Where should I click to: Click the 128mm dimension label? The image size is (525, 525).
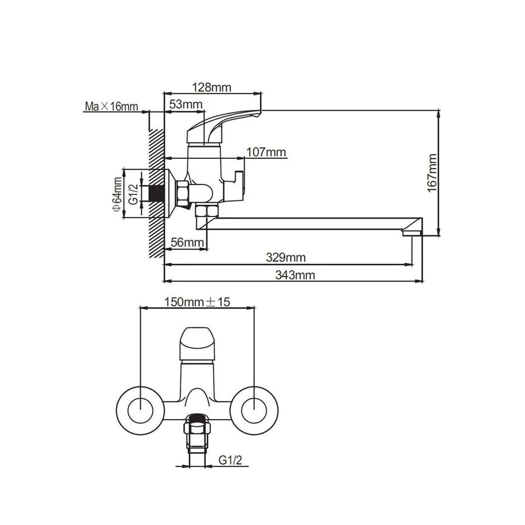click(212, 87)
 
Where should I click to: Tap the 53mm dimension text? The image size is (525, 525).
click(186, 104)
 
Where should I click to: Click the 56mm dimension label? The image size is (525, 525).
click(187, 242)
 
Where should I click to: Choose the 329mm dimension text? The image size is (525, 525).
click(286, 257)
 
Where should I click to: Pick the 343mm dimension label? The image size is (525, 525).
click(295, 275)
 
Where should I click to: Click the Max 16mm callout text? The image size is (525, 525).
click(112, 106)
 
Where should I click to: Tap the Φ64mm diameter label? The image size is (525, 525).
click(117, 194)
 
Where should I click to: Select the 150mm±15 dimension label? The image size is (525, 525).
click(197, 302)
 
